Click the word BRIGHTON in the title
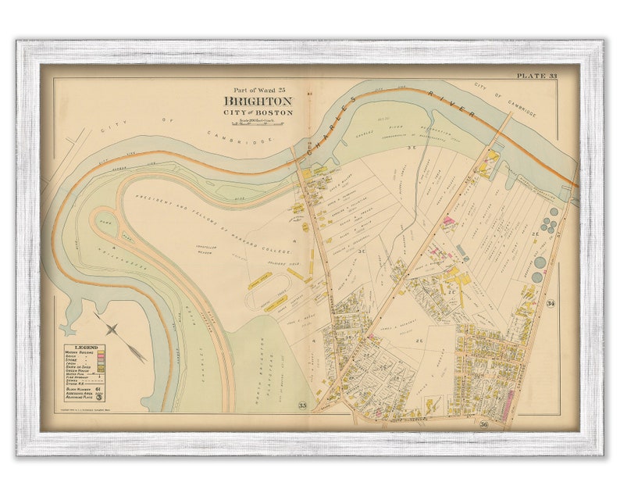click(x=258, y=102)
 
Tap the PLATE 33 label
click(x=536, y=76)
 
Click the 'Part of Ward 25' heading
click(x=258, y=90)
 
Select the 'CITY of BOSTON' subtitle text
click(x=258, y=112)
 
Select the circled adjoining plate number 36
click(x=483, y=424)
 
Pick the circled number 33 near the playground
click(x=301, y=404)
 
